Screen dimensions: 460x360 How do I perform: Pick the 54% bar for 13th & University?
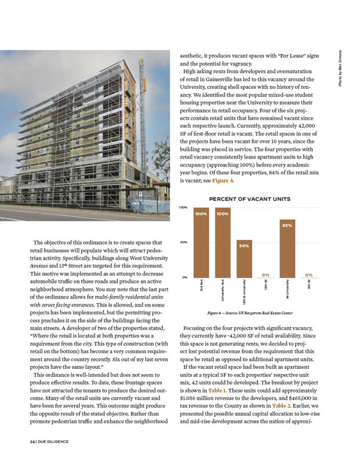point(244,260)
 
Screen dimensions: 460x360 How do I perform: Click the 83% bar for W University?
point(287,250)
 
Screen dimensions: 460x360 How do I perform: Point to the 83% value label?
point(287,225)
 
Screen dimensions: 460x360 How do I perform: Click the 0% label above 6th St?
point(309,274)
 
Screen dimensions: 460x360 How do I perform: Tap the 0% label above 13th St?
point(265,274)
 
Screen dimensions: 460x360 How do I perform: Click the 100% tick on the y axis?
point(183,208)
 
